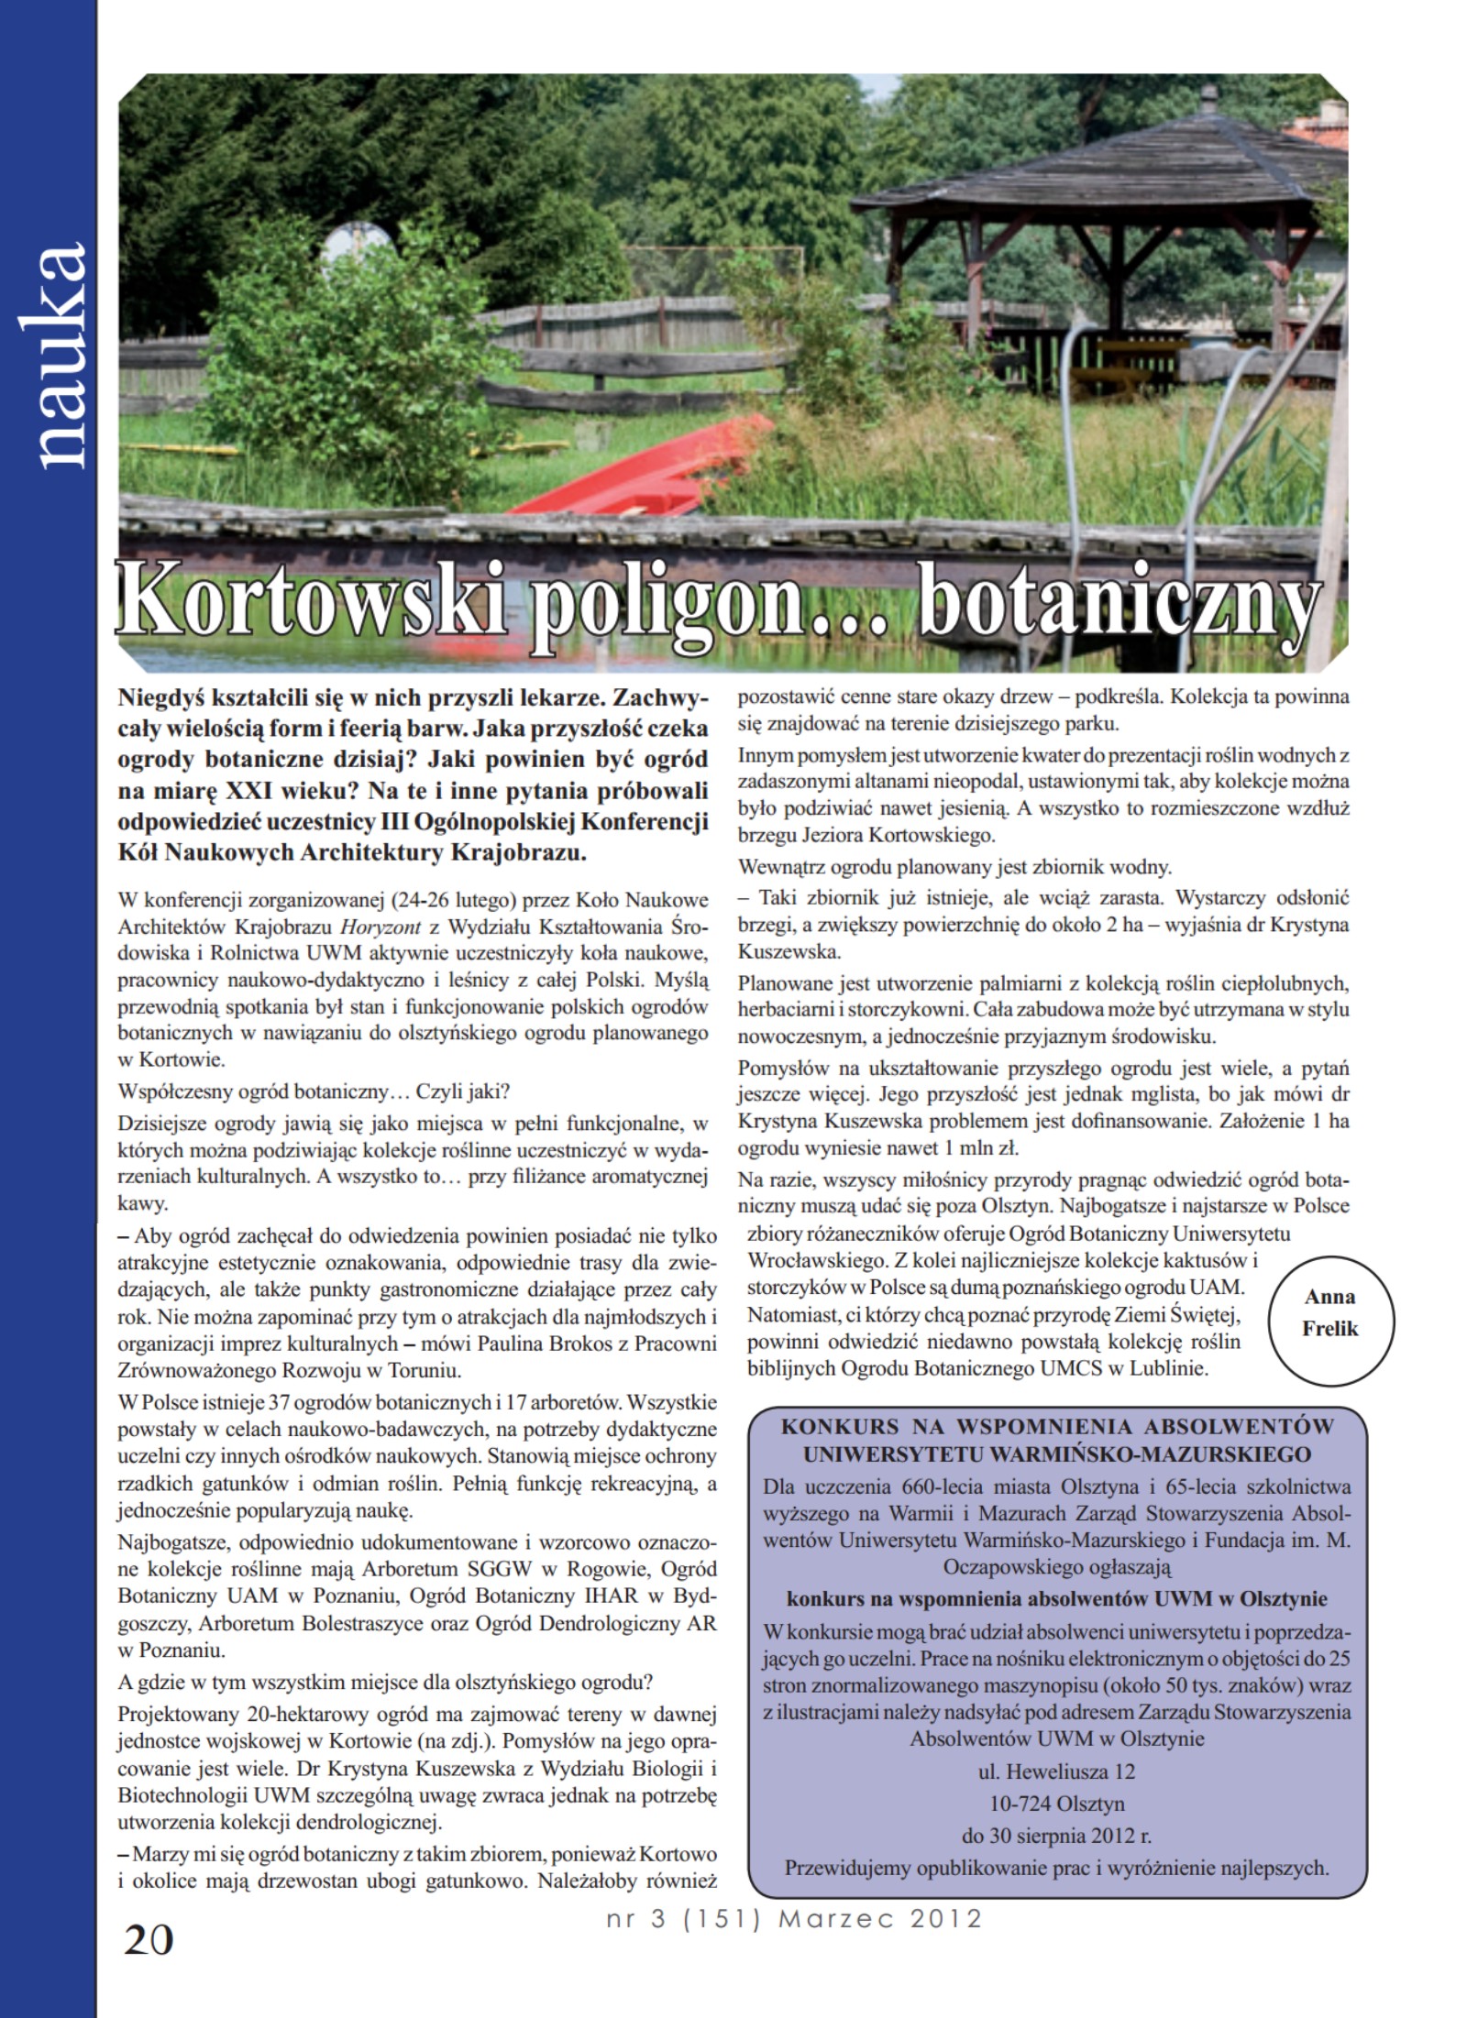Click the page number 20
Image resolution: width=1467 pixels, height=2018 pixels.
tap(148, 1939)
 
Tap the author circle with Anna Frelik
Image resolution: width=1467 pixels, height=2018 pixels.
tap(1329, 1312)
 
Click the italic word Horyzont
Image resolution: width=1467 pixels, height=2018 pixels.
tap(380, 927)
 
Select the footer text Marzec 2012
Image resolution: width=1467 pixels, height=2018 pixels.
tap(879, 1918)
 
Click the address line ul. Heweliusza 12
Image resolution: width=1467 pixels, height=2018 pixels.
tap(1056, 1771)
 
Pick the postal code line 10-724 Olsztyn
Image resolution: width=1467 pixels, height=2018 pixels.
tap(1056, 1804)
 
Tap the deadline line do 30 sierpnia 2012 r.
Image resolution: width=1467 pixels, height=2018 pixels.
tap(1056, 1836)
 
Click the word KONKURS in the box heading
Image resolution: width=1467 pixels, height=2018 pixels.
tap(839, 1427)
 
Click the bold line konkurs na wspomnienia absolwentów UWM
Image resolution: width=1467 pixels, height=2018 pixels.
tap(1056, 1598)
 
